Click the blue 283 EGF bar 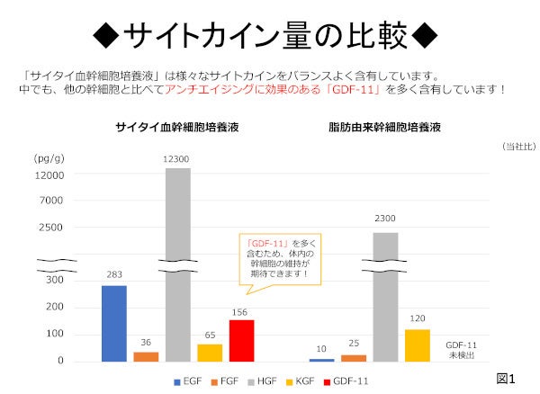(x=113, y=323)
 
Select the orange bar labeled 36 (x=146, y=356)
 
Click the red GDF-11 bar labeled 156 (x=241, y=340)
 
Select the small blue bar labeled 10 (x=321, y=360)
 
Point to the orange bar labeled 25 (x=353, y=357)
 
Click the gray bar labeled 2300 (x=385, y=297)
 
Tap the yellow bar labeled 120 (x=417, y=345)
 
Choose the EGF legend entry (x=185, y=381)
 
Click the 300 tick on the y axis (x=55, y=281)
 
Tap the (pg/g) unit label (x=49, y=158)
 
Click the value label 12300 (x=177, y=159)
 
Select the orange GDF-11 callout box (x=280, y=257)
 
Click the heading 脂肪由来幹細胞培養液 (x=384, y=129)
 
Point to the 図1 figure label (x=506, y=376)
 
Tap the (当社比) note (x=515, y=146)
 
